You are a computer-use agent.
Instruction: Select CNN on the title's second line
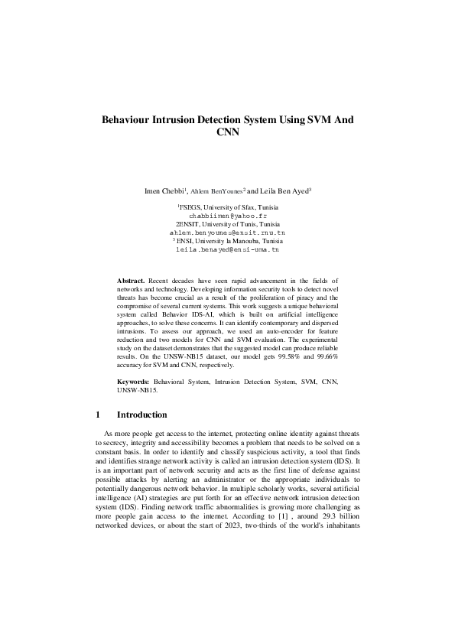[x=228, y=132]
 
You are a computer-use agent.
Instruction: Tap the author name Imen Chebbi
[x=164, y=190]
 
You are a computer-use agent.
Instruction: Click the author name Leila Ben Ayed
[x=282, y=190]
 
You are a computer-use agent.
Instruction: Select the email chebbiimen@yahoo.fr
[x=227, y=216]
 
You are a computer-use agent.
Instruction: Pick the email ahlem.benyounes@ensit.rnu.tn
[x=227, y=232]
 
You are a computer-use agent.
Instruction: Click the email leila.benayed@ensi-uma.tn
[x=227, y=249]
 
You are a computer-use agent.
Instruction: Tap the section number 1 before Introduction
[x=98, y=415]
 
